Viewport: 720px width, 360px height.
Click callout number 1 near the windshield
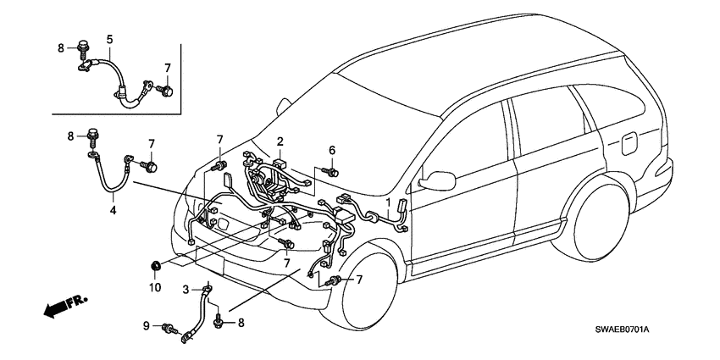coord(390,203)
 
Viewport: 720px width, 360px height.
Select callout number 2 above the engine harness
coord(280,142)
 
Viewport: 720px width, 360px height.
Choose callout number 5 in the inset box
coord(109,38)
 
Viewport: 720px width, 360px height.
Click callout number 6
coord(332,150)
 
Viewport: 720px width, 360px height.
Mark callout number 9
coord(145,325)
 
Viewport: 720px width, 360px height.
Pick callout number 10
coord(154,288)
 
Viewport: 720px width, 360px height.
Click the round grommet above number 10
coord(155,269)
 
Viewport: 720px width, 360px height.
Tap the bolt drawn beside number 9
coord(171,328)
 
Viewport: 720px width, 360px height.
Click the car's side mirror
coord(439,179)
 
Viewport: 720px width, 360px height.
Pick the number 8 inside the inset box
coord(60,49)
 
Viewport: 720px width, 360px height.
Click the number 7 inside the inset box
coord(168,67)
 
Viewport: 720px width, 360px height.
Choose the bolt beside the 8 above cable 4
coord(90,136)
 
